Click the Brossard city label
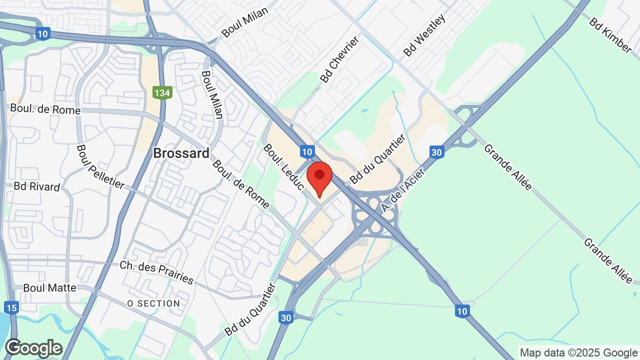(181, 153)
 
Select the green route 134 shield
(162, 92)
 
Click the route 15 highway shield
(11, 307)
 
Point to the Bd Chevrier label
(340, 59)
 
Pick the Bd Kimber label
(610, 35)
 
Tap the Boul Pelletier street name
(100, 167)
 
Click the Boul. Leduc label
(283, 167)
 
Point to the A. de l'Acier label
(402, 190)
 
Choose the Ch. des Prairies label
(156, 272)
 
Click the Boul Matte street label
(49, 288)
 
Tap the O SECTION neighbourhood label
(153, 303)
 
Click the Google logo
(33, 348)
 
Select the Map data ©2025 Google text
(578, 352)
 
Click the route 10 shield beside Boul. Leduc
(307, 151)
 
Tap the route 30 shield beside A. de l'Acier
(436, 152)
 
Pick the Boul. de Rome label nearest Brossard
(240, 183)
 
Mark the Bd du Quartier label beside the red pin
(377, 159)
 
